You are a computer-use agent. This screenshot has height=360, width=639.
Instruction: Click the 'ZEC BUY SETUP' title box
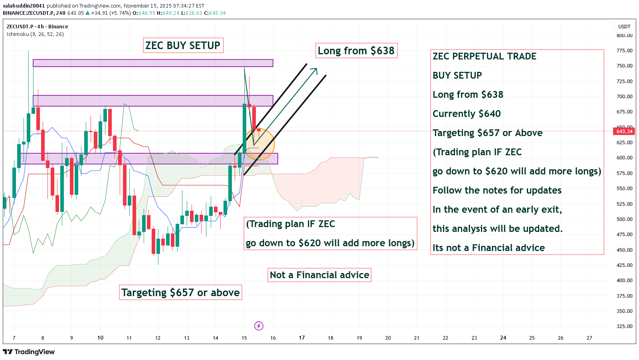[x=183, y=45]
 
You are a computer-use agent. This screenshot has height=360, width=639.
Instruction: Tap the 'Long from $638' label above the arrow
[x=356, y=51]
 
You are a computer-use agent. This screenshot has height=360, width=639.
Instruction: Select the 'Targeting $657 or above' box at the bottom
[x=180, y=293]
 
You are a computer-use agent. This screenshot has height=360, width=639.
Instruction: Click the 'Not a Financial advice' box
[x=320, y=275]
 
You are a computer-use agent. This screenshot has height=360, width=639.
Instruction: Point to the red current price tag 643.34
[x=624, y=131]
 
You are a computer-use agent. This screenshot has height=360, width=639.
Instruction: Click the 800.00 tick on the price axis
[x=624, y=36]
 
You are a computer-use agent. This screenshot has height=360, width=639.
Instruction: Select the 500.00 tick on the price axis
[x=624, y=219]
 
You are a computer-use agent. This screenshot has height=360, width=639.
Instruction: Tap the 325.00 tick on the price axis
[x=624, y=326]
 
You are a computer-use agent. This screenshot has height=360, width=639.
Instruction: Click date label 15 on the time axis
[x=244, y=338]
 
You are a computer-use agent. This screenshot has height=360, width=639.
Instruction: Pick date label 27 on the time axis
[x=589, y=338]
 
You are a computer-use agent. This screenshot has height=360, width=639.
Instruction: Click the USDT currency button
[x=624, y=27]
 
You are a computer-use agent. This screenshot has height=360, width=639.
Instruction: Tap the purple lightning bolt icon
[x=259, y=326]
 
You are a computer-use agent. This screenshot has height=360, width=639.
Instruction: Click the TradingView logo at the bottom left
[x=29, y=352]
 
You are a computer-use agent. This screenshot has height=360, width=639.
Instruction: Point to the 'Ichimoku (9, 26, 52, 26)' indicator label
[x=35, y=34]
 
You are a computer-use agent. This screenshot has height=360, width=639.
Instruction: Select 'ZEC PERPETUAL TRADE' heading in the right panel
[x=485, y=56]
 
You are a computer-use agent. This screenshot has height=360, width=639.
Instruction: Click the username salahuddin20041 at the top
[x=24, y=6]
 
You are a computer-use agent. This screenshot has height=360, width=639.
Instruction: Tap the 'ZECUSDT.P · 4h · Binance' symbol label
[x=37, y=27]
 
